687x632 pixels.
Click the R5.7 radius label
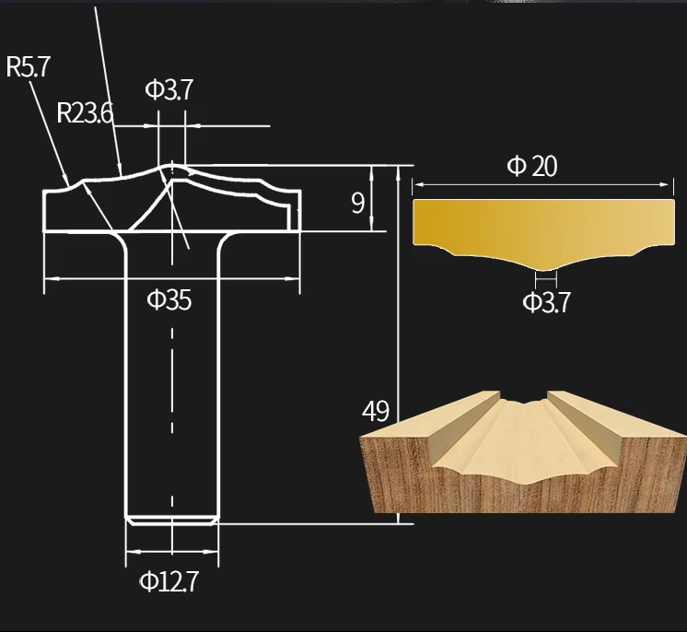click(x=29, y=67)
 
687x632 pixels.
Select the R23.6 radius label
click(x=84, y=112)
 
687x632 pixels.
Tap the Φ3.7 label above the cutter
click(x=169, y=89)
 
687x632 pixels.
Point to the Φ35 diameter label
click(x=169, y=299)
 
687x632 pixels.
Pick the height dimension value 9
click(x=357, y=203)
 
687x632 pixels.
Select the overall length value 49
click(x=375, y=411)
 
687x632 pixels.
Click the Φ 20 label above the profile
click(x=532, y=166)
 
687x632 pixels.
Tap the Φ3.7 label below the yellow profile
click(x=546, y=302)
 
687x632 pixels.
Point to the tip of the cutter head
click(x=172, y=166)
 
